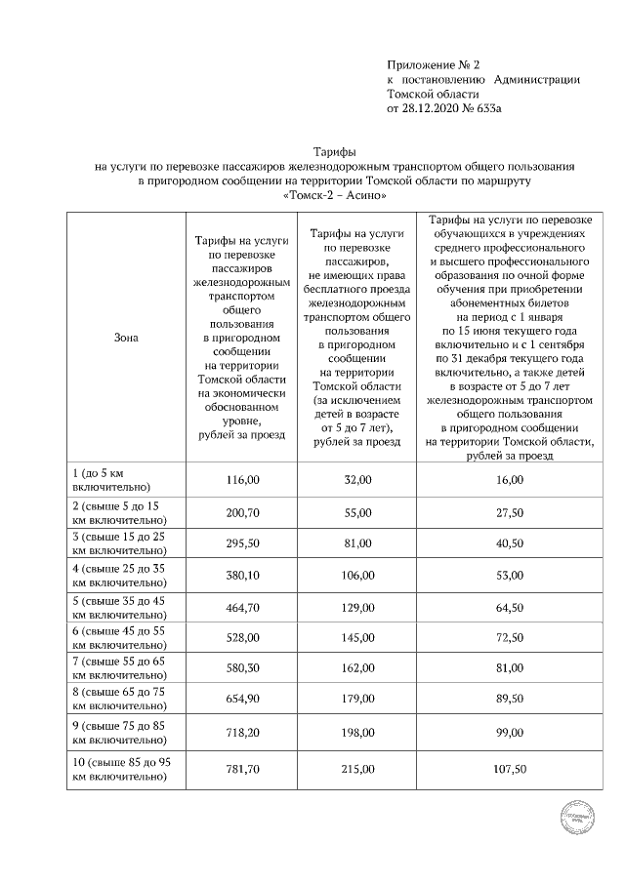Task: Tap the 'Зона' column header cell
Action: [x=126, y=339]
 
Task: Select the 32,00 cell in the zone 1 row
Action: [x=357, y=479]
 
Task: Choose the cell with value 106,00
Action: [x=357, y=575]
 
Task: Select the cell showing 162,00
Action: [x=357, y=669]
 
